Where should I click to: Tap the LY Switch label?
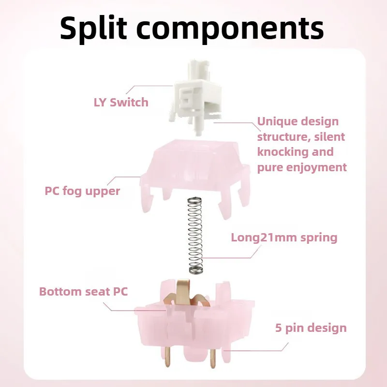tap(121, 102)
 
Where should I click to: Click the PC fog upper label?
tap(82, 191)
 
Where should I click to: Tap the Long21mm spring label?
tap(284, 238)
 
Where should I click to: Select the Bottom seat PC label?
tap(83, 292)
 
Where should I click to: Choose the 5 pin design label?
tap(311, 328)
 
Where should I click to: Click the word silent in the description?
tap(329, 137)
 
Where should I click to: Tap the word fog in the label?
tap(73, 191)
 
